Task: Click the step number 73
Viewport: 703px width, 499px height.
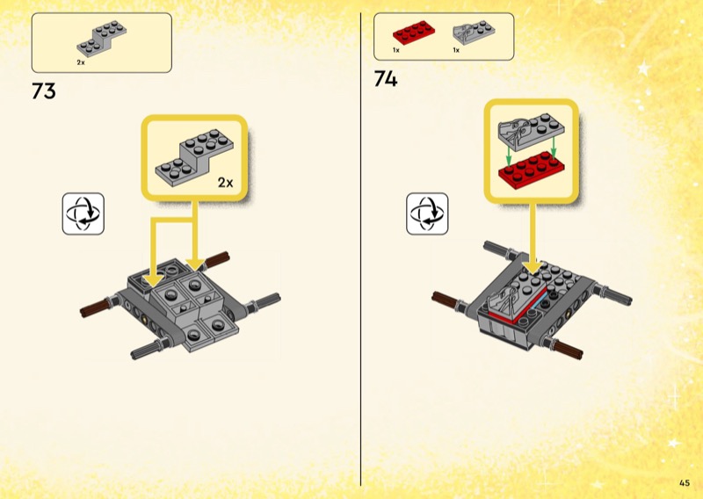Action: (x=44, y=91)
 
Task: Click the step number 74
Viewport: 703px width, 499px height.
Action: (x=386, y=79)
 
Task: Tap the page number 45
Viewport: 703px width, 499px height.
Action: (x=685, y=483)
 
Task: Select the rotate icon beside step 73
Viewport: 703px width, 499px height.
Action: (x=83, y=213)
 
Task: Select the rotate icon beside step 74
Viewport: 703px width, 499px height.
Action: (x=427, y=213)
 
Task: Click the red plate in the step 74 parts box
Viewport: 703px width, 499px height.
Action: (x=414, y=33)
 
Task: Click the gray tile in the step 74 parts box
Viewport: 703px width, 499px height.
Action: (x=474, y=33)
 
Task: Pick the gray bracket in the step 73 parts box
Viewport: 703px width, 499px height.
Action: (x=101, y=39)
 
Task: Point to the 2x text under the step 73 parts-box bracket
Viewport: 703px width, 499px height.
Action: (x=81, y=62)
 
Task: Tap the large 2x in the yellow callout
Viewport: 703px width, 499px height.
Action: (x=226, y=183)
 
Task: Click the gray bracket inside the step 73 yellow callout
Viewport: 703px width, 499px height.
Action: (x=194, y=157)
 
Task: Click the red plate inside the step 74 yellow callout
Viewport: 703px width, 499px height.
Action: (x=532, y=170)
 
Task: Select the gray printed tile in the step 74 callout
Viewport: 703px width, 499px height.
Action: (x=532, y=132)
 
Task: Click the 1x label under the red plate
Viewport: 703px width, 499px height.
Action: (x=396, y=50)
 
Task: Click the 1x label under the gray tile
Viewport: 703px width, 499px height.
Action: (x=456, y=50)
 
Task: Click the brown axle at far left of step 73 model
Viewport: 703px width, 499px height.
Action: (x=95, y=308)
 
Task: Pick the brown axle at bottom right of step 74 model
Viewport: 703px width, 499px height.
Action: (x=568, y=349)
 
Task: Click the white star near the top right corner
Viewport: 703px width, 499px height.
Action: (x=644, y=69)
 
